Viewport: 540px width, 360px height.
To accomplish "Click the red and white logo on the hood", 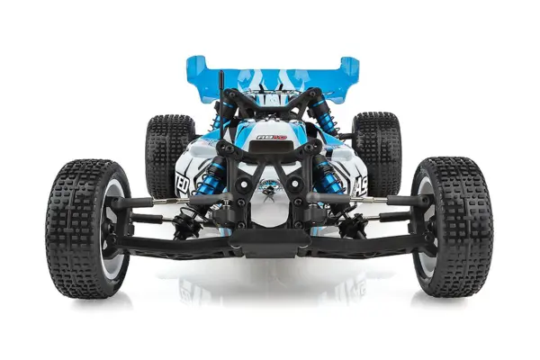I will [270, 137].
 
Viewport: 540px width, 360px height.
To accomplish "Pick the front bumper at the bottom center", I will [269, 238].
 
